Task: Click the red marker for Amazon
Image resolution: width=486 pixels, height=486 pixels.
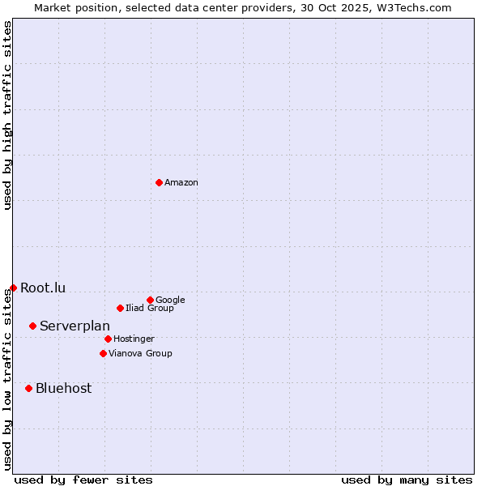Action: (159, 182)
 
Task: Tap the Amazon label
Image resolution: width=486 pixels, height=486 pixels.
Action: (181, 183)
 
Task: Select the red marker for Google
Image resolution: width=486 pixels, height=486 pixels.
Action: (150, 300)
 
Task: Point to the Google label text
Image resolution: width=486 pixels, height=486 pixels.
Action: (170, 301)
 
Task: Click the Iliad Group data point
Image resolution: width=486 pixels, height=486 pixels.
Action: (120, 308)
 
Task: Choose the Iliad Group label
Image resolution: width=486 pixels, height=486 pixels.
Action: (150, 309)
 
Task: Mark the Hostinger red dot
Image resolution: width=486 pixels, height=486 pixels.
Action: (108, 339)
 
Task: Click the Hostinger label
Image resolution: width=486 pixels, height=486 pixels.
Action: (134, 339)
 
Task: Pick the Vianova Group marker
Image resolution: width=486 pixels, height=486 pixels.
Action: (103, 353)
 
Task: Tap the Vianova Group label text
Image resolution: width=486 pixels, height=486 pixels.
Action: (140, 354)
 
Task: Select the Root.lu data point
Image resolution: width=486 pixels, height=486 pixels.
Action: (13, 288)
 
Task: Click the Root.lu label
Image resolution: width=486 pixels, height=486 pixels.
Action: (43, 288)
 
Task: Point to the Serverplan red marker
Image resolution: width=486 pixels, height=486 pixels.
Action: (32, 326)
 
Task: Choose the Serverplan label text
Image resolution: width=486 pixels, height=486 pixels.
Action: (75, 326)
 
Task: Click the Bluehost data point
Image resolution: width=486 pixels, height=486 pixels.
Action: (28, 388)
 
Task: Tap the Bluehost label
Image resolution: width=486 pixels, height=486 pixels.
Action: (63, 389)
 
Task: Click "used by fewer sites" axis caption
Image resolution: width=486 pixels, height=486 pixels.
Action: (83, 480)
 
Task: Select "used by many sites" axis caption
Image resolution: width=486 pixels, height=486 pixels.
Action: (407, 480)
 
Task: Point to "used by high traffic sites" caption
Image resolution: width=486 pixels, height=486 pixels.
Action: (8, 115)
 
